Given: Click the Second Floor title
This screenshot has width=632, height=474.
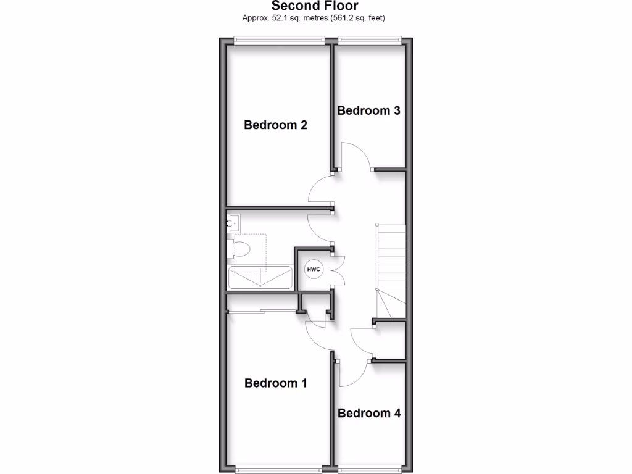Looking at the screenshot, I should [x=315, y=6].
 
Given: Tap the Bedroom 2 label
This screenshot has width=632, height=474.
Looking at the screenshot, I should [x=275, y=125].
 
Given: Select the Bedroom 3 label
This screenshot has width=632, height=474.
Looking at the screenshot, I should [x=368, y=111].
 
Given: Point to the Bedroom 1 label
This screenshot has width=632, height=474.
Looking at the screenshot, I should [x=275, y=383].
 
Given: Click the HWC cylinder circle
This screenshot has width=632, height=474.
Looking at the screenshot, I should [x=314, y=269].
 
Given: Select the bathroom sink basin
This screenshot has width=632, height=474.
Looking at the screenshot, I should [x=233, y=223].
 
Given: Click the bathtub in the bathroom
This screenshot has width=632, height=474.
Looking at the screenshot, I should [x=260, y=278].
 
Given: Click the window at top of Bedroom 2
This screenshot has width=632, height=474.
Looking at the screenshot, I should [x=280, y=41].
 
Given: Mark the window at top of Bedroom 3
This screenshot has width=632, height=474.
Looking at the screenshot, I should [x=369, y=41].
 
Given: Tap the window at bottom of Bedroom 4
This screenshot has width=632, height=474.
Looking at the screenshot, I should [x=369, y=469].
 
